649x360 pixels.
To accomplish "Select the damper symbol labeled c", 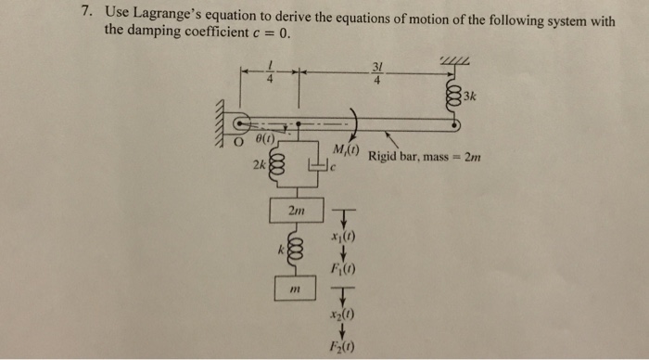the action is (322, 168).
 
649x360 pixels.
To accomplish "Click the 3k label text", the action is (470, 96).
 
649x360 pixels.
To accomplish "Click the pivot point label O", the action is (237, 142).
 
